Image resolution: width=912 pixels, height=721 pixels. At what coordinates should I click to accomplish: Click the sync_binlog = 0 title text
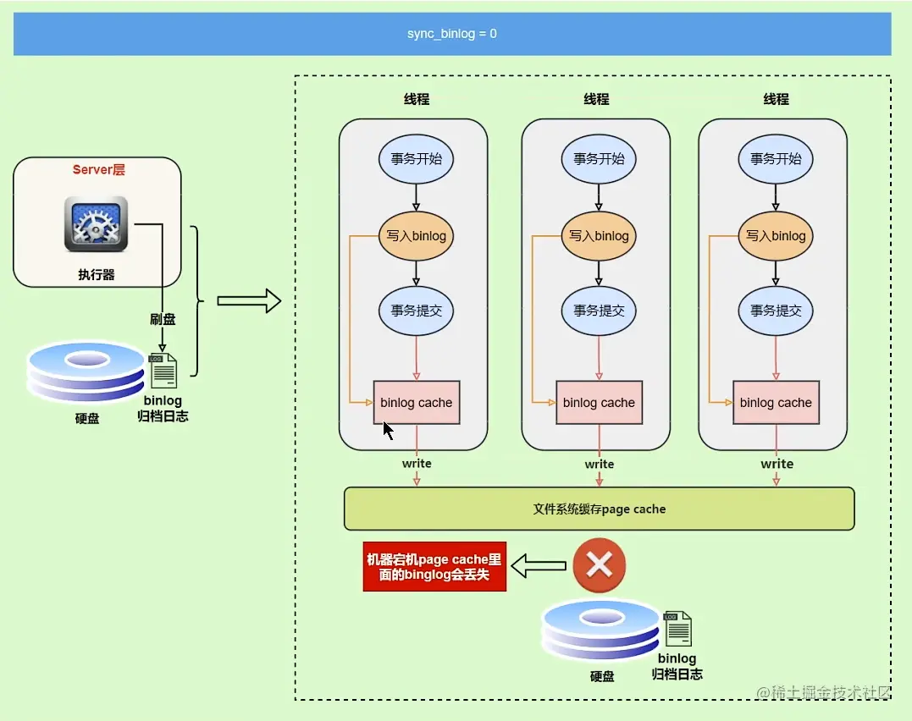click(x=451, y=35)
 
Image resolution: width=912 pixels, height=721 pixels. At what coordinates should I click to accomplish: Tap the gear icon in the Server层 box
click(x=96, y=223)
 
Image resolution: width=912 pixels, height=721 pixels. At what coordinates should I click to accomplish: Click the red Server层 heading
click(x=98, y=170)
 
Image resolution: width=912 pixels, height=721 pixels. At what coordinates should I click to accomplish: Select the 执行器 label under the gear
click(x=97, y=275)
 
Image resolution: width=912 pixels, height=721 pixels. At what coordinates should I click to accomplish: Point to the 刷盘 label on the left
click(x=163, y=319)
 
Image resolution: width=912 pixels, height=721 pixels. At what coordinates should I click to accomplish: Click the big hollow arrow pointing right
click(x=248, y=300)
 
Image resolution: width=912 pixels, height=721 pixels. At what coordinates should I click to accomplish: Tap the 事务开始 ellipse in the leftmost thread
click(x=416, y=158)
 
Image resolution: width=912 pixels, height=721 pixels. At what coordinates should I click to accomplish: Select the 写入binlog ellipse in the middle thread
click(x=599, y=235)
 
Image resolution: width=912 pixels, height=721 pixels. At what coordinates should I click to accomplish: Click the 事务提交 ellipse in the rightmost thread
click(x=776, y=311)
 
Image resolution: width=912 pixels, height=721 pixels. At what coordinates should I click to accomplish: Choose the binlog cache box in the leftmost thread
click(x=416, y=403)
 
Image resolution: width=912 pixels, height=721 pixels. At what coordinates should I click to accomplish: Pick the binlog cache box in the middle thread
click(x=599, y=403)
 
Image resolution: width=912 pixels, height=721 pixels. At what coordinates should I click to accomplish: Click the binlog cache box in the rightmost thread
click(x=776, y=403)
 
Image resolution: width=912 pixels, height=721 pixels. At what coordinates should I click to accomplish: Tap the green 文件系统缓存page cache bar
click(x=599, y=509)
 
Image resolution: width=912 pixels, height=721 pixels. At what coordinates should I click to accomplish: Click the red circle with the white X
click(x=599, y=565)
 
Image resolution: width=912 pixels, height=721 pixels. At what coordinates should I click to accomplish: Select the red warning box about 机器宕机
click(x=434, y=567)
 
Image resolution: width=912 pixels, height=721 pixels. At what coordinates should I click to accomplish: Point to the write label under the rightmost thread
click(x=777, y=464)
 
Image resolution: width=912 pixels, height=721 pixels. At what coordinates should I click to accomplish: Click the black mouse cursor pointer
click(x=388, y=431)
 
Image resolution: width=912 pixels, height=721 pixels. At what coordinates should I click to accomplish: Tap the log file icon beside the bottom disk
click(x=677, y=629)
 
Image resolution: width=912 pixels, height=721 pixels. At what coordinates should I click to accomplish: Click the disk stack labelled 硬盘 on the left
click(x=86, y=372)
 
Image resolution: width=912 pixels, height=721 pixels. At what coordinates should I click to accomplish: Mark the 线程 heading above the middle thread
click(x=596, y=99)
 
